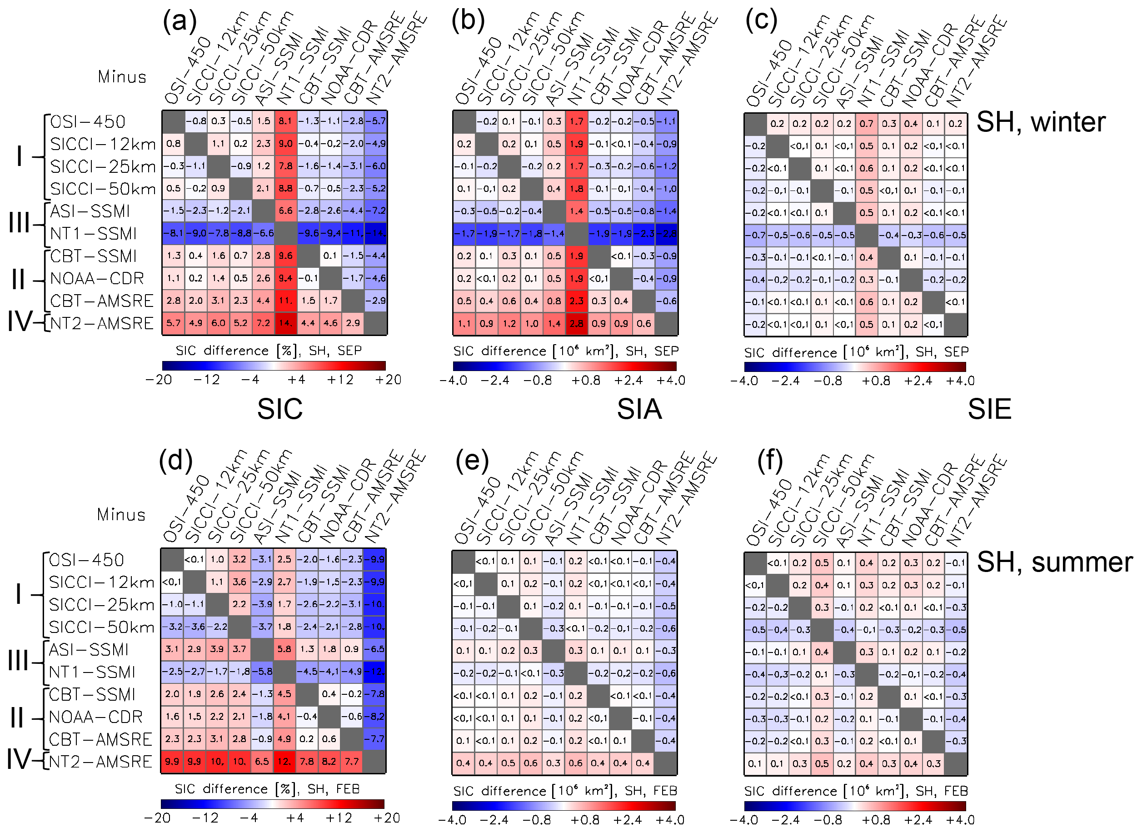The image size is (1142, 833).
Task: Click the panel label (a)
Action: [x=180, y=21]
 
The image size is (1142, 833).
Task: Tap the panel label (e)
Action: [x=472, y=460]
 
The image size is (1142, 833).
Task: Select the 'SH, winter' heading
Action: [x=1041, y=122]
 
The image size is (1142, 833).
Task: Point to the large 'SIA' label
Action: [x=639, y=409]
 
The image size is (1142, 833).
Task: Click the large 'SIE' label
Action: [x=989, y=409]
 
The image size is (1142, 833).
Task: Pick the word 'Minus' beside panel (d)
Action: [x=121, y=514]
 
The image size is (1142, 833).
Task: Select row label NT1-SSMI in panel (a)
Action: [x=93, y=233]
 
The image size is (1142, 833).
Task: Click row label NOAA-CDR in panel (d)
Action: [x=96, y=717]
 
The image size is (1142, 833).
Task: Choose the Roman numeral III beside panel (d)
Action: [x=19, y=660]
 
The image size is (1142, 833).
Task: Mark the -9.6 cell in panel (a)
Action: [x=308, y=233]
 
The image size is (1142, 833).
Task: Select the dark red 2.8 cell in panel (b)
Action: [x=577, y=323]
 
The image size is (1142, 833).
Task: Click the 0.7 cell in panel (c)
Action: [x=866, y=124]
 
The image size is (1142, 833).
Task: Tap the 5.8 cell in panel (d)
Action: [x=284, y=649]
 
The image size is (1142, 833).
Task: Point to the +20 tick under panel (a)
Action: [x=388, y=380]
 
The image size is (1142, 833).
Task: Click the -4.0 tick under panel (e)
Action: [x=452, y=819]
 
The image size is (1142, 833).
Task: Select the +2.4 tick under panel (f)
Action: [x=917, y=819]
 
